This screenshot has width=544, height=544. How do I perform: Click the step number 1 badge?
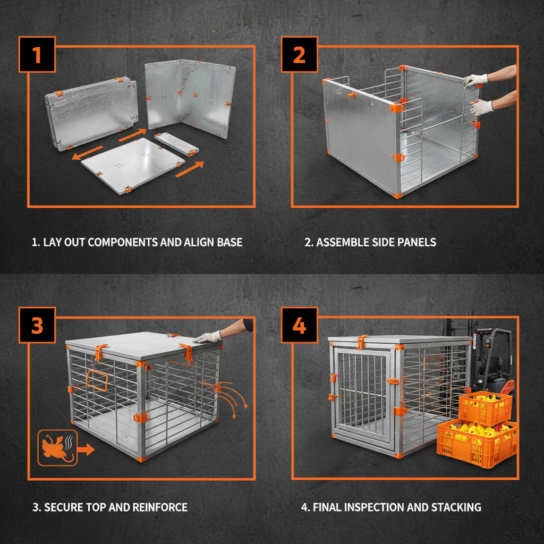tap(37, 55)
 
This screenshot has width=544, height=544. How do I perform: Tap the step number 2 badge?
tap(299, 55)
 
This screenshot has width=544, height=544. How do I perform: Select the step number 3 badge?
tap(37, 326)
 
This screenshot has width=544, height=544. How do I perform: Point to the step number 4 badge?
tap(299, 326)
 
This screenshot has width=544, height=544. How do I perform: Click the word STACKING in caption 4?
tap(457, 507)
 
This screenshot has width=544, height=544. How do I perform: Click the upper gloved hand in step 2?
tap(475, 80)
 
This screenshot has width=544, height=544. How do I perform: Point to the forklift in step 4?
tap(491, 361)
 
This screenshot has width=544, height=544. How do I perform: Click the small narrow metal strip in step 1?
tap(176, 144)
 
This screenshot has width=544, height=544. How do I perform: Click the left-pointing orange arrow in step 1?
tap(88, 153)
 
